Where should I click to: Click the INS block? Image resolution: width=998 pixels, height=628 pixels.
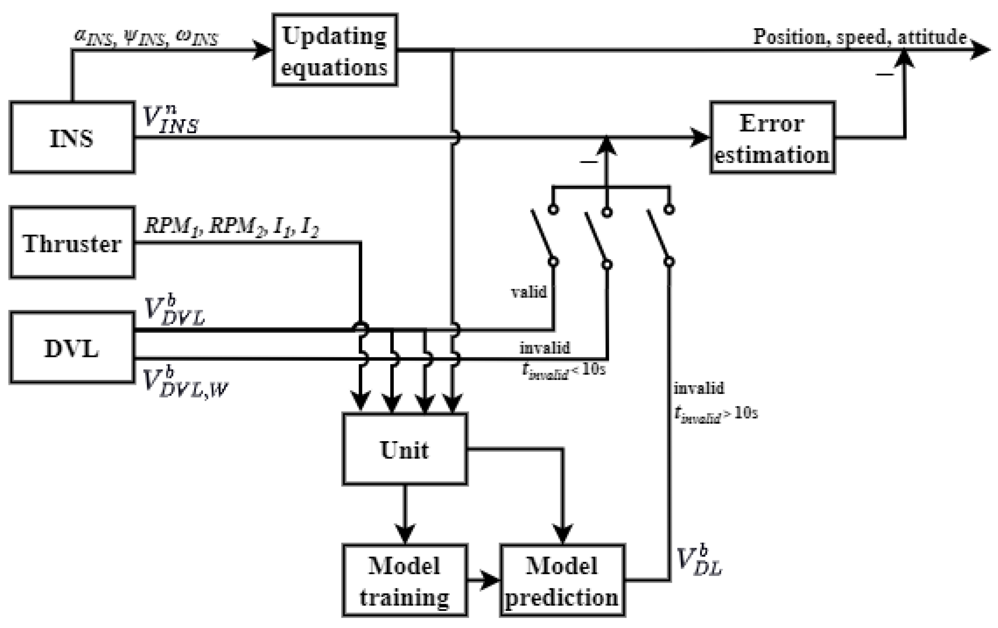tap(72, 137)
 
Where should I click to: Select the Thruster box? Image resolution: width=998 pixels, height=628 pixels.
tap(72, 243)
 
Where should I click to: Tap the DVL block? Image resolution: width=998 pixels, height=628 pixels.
tap(72, 348)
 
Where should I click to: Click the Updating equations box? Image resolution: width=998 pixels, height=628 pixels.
tap(335, 50)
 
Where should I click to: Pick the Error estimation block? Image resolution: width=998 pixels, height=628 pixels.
tap(772, 137)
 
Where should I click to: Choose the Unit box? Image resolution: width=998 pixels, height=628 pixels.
tap(405, 449)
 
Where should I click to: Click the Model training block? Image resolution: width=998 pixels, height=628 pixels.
tap(405, 580)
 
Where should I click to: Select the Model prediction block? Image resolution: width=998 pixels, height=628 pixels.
tap(562, 580)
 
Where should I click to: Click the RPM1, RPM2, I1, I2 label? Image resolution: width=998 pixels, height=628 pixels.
tap(231, 226)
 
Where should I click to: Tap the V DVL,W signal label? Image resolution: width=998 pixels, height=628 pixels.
tap(184, 384)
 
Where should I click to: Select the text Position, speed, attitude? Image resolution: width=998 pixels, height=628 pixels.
tap(860, 37)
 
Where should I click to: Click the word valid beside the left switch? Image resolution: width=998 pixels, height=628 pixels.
tap(528, 292)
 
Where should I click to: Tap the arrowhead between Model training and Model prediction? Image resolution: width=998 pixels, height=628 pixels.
tap(490, 580)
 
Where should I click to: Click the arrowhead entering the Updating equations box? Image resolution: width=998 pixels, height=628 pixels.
tap(262, 50)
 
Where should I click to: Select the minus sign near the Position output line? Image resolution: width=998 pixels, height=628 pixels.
tap(884, 75)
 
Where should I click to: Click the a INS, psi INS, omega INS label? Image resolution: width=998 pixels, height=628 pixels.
tap(146, 38)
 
